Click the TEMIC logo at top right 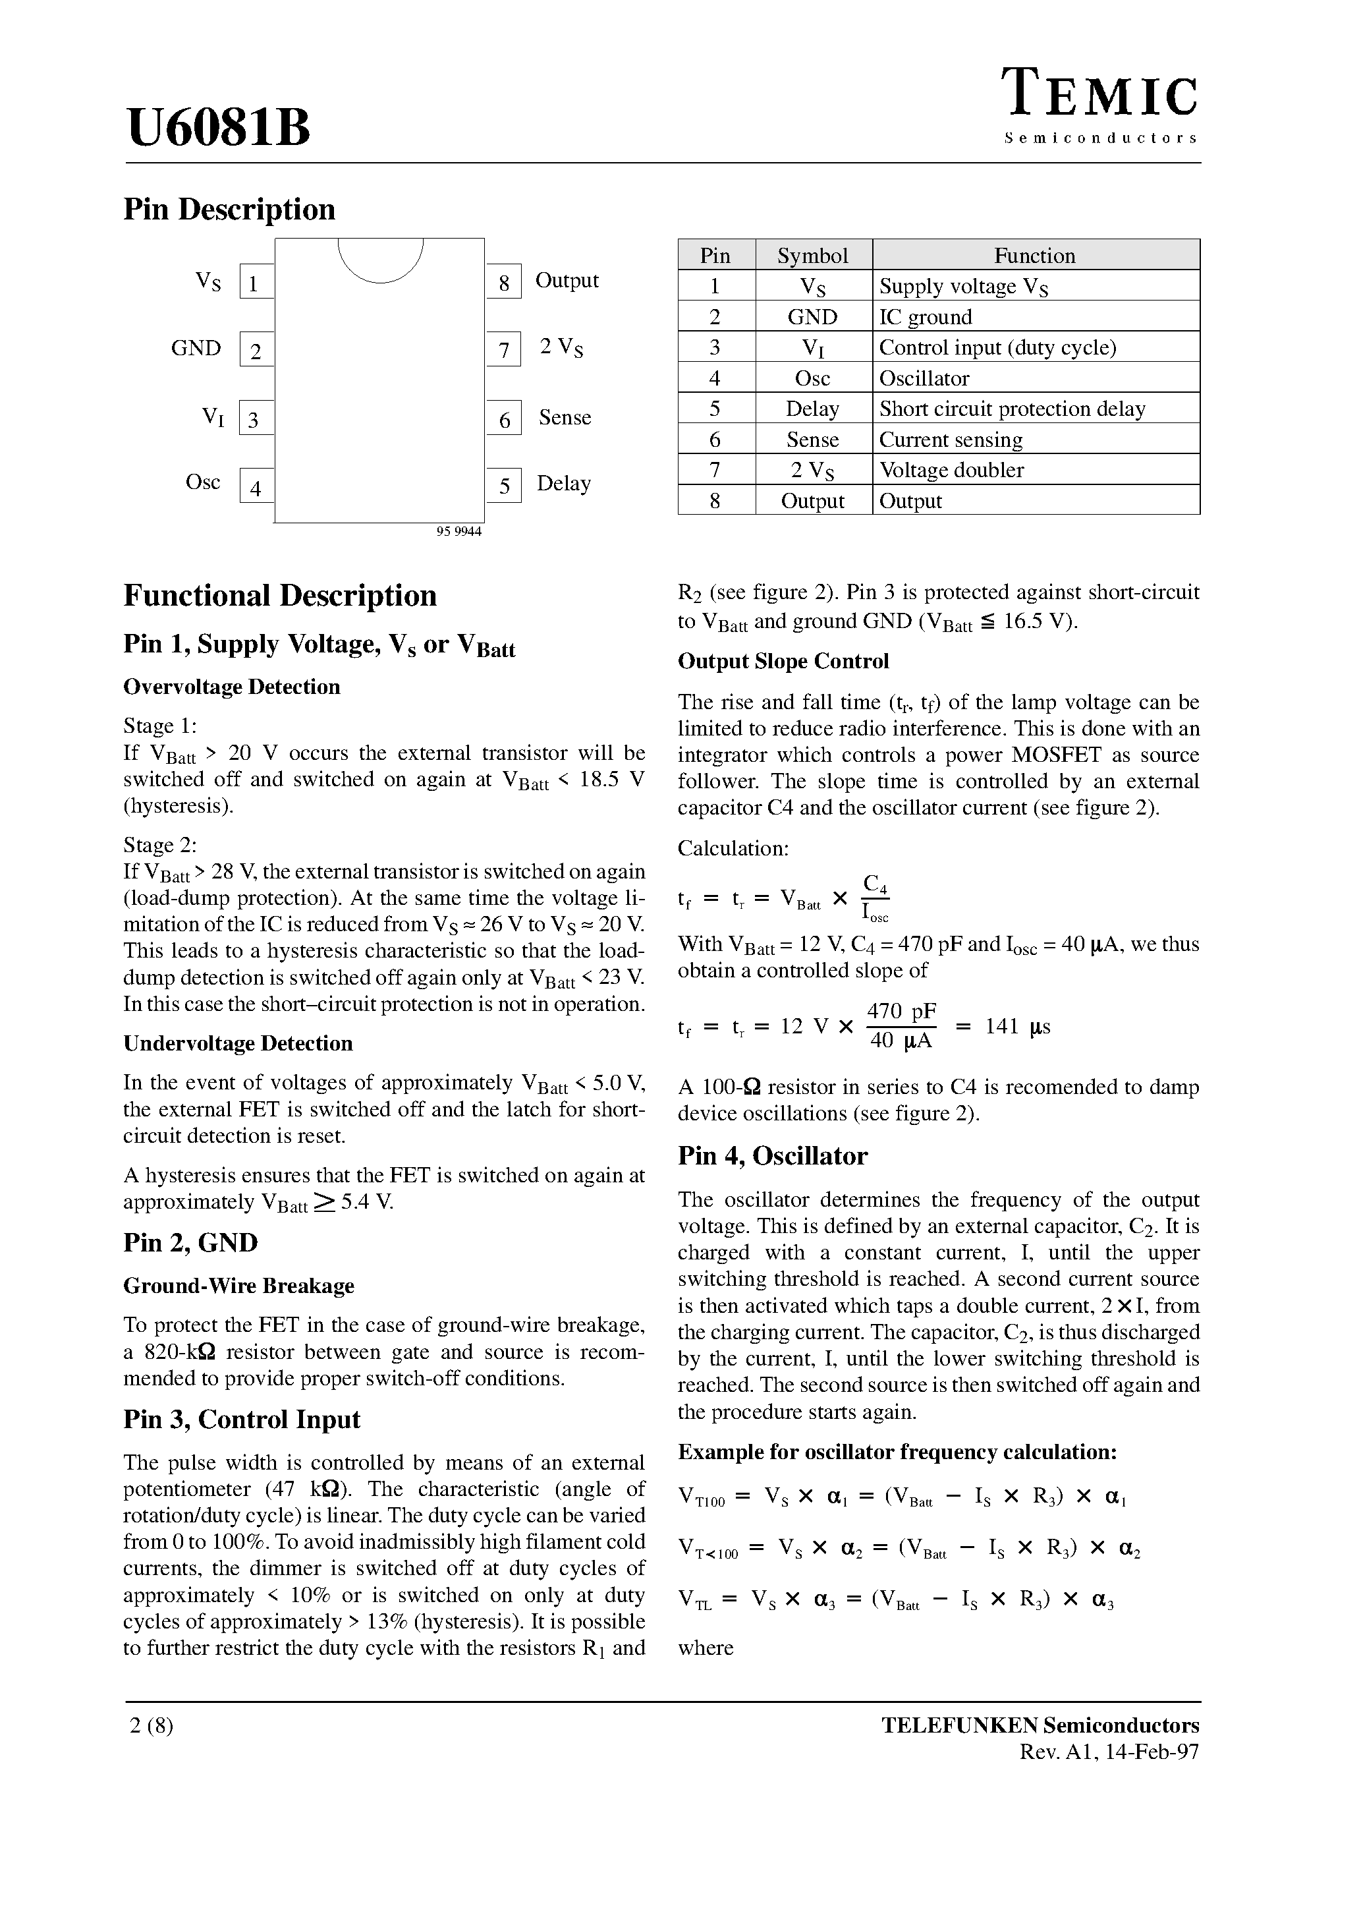point(1101,96)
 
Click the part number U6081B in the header point(218,128)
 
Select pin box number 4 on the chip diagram point(256,487)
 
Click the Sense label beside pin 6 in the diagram point(565,417)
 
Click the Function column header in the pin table point(1035,255)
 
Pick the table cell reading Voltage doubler point(951,470)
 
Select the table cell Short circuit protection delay point(1012,409)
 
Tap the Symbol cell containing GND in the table point(812,317)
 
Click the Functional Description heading point(280,596)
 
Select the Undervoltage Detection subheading point(238,1043)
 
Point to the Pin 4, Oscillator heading point(773,1156)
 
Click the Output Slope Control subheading point(783,662)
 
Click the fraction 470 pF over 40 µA point(901,1025)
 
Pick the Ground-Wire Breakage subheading point(238,1286)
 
